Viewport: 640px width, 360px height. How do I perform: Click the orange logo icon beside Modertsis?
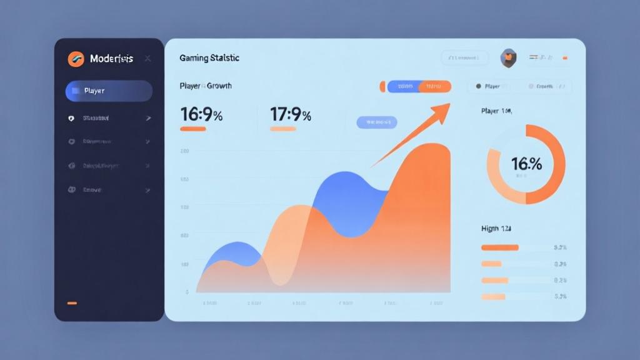[x=76, y=59]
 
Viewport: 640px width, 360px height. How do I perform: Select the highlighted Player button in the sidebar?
[x=109, y=91]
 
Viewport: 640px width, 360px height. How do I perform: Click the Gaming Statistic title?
[x=209, y=58]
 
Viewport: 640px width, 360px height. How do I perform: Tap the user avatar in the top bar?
[x=508, y=58]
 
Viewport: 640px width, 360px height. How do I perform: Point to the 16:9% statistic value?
[x=201, y=114]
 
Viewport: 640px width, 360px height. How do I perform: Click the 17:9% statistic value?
[x=291, y=114]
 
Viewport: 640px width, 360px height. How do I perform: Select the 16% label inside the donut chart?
[x=526, y=164]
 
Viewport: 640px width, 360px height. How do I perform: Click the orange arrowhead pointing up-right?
[x=442, y=111]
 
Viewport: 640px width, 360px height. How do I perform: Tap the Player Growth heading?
[x=206, y=86]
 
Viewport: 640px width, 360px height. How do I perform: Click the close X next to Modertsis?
[x=147, y=59]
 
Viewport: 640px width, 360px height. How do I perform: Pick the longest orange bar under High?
[x=500, y=247]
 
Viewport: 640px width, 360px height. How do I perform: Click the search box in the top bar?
[x=464, y=58]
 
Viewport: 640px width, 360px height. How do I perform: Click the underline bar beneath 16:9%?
[x=193, y=129]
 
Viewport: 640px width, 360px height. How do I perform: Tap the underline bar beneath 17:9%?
[x=283, y=129]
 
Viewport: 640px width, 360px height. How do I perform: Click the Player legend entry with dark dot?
[x=488, y=86]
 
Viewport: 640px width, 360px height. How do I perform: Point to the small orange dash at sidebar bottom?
[x=72, y=303]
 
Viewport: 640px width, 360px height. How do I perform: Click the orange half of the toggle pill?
[x=435, y=86]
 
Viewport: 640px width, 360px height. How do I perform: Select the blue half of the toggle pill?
[x=404, y=86]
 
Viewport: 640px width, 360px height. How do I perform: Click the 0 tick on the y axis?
[x=187, y=292]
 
